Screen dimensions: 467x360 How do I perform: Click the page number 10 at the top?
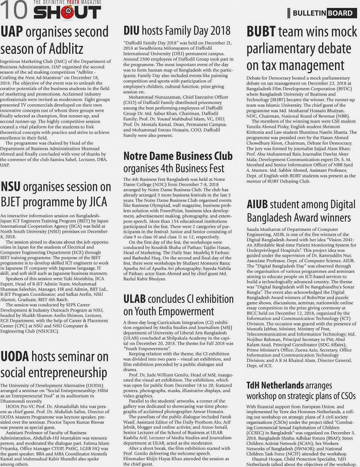point(14,11)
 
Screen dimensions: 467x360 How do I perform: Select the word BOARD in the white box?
point(340,13)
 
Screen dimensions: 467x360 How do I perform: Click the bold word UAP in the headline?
point(13,32)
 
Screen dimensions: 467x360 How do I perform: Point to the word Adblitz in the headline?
point(63,49)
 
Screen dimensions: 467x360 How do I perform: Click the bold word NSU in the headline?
point(11,187)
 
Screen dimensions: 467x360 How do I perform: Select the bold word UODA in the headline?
point(15,357)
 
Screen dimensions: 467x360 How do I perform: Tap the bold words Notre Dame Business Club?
point(178,156)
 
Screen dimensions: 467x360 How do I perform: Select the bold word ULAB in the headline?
point(134,299)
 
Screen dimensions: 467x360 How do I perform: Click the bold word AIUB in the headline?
point(257,205)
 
